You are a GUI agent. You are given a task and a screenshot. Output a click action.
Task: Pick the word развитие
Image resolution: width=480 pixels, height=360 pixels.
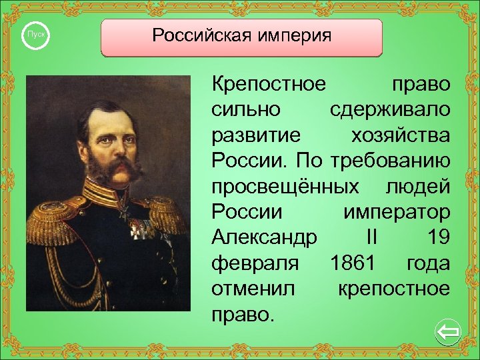point(256,135)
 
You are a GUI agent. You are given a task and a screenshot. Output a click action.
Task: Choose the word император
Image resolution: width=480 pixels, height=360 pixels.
point(396,213)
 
